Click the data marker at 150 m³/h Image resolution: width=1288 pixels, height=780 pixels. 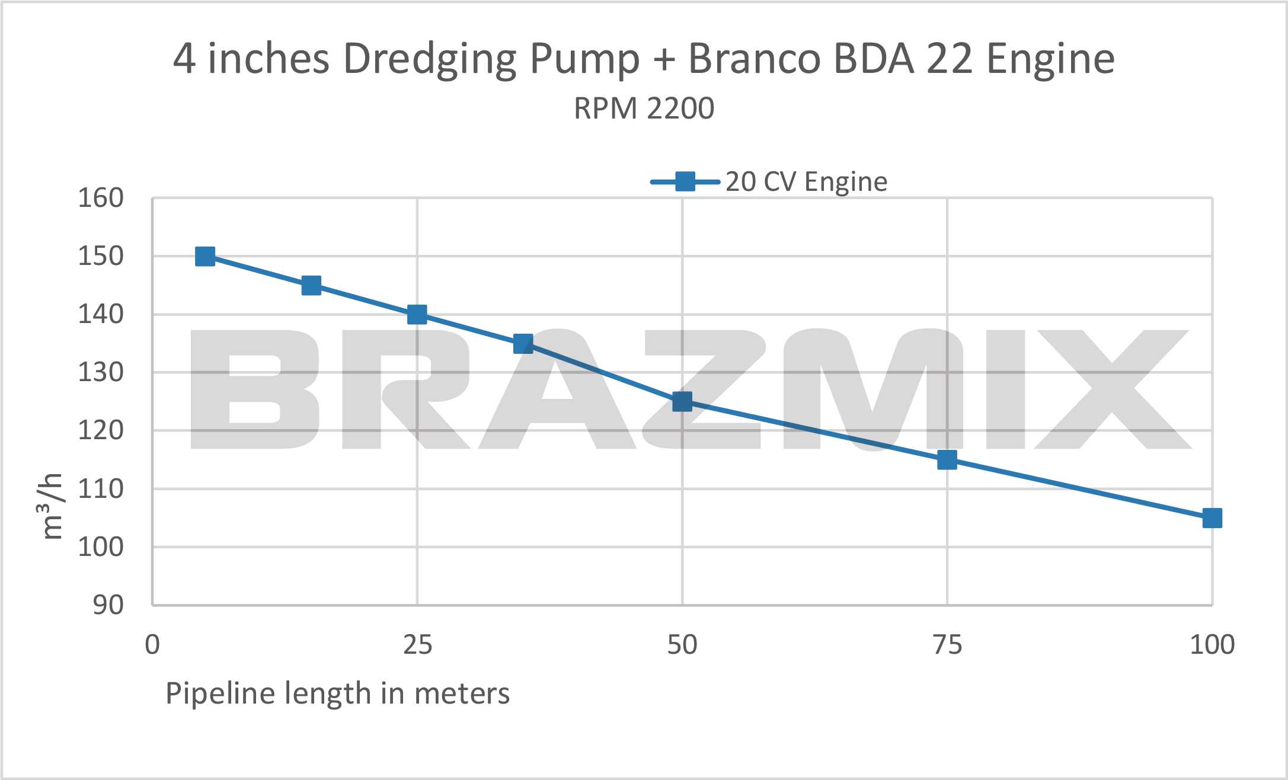(205, 257)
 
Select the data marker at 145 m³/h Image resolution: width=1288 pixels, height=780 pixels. (311, 286)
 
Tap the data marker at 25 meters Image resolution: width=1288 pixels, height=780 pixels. (417, 315)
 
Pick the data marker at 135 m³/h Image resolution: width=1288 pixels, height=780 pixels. (523, 344)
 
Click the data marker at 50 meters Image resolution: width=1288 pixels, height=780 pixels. (682, 402)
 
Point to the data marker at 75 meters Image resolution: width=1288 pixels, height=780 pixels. (947, 460)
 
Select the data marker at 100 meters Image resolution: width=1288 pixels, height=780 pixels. (1212, 518)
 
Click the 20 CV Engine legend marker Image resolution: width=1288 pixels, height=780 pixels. (685, 181)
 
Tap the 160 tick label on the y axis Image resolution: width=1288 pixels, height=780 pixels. (101, 198)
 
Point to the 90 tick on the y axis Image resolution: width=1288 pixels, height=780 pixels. (108, 605)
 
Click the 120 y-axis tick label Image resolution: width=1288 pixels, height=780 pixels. (101, 430)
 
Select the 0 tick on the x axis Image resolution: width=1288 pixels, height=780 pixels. (152, 645)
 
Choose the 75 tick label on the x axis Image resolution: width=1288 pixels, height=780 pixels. (947, 645)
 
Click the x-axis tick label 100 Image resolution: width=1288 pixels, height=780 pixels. (1212, 645)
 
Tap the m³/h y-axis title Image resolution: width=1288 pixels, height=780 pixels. (52, 507)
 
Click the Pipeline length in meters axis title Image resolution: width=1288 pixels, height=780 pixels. (337, 693)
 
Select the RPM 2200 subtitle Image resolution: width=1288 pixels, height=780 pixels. (644, 108)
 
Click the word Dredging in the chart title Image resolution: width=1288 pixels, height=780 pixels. (429, 59)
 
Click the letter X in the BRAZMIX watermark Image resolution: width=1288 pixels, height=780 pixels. (1112, 389)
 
